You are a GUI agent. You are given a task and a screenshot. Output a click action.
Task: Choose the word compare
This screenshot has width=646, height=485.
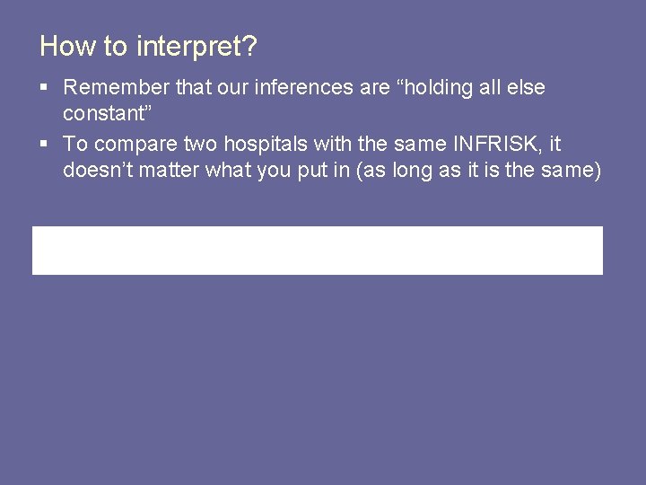point(140,144)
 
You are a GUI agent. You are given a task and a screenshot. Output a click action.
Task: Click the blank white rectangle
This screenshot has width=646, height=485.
point(318,250)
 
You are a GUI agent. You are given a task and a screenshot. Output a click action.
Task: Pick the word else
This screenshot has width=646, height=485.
point(527,88)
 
